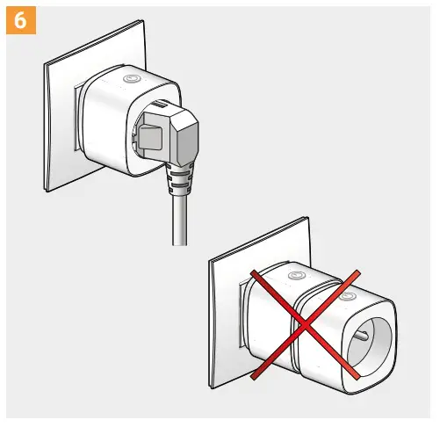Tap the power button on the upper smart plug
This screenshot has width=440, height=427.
[x=132, y=79]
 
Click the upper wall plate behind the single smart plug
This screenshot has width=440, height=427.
[x=61, y=123]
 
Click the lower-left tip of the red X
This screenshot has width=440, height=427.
[x=253, y=379]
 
